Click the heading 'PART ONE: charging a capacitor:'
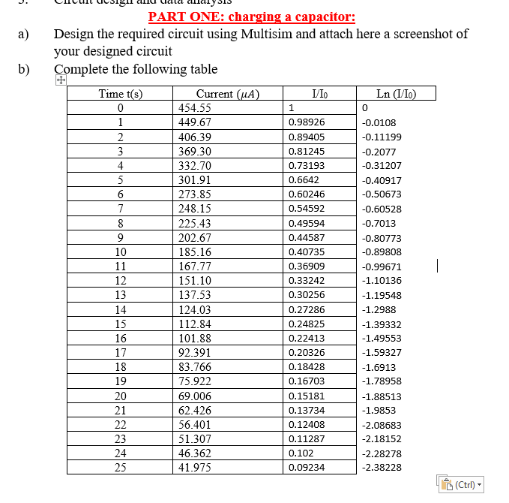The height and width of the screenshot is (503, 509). [x=252, y=17]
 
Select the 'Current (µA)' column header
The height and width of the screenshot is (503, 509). [x=227, y=94]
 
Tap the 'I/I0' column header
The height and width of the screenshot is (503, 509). [x=319, y=94]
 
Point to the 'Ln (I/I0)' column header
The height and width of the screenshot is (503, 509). [x=396, y=94]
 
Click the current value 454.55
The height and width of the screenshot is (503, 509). [x=194, y=108]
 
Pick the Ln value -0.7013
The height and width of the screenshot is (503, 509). [x=379, y=223]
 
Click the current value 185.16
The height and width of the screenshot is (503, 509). [x=194, y=251]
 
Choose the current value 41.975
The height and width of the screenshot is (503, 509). [x=194, y=467]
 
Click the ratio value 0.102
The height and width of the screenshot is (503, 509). [x=301, y=453]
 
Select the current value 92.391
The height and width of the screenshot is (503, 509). [x=194, y=352]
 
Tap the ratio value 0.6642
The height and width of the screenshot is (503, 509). [x=304, y=180]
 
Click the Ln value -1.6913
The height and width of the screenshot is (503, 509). [x=379, y=367]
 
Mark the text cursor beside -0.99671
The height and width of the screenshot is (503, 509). [x=437, y=265]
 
